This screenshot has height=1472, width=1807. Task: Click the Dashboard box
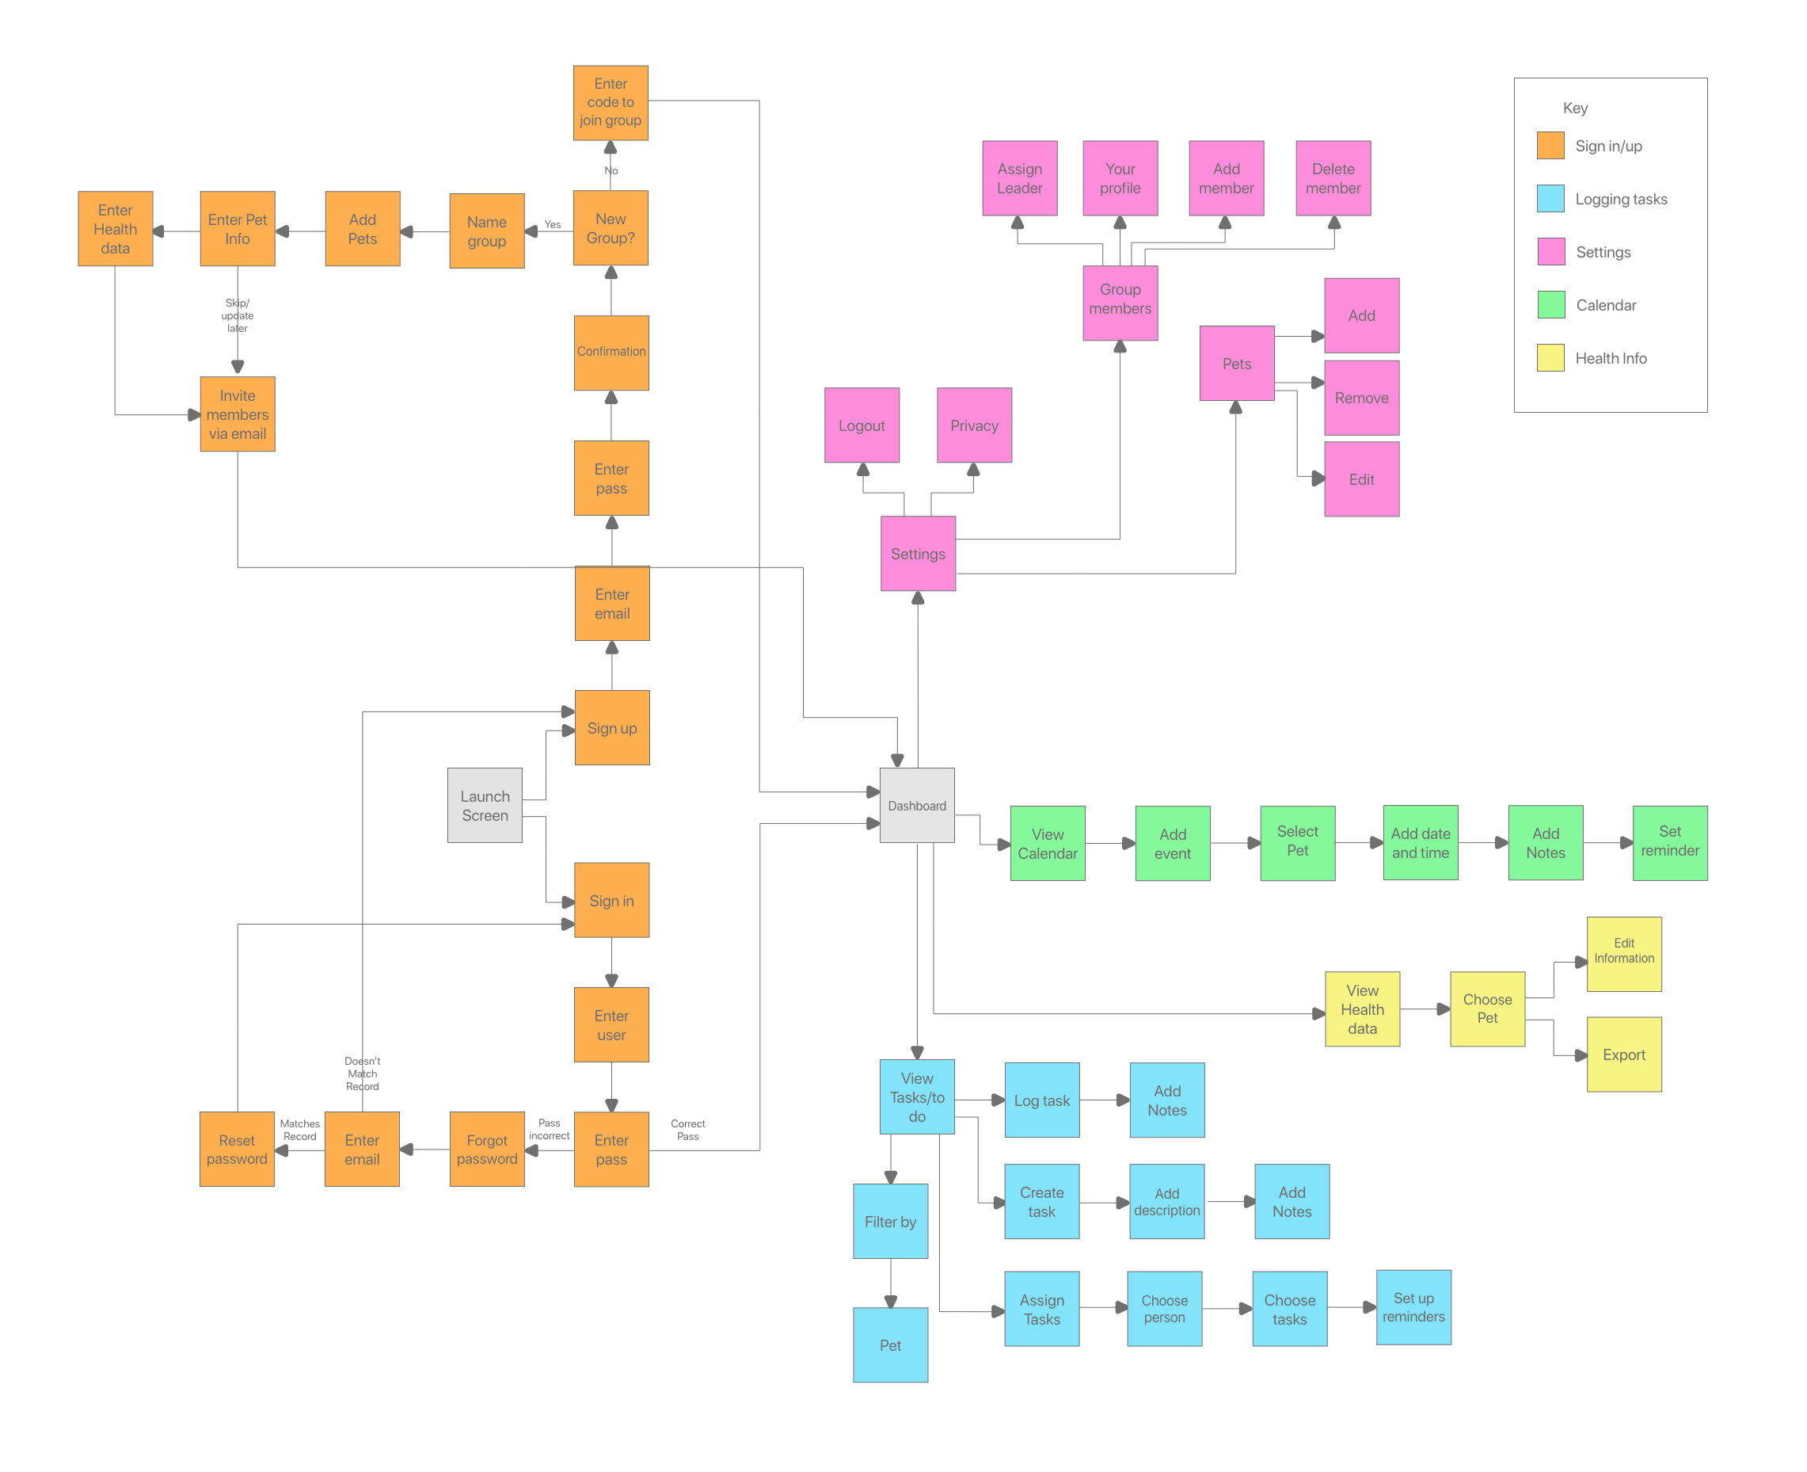(917, 806)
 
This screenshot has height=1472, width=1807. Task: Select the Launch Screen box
(485, 806)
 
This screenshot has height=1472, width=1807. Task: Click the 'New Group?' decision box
(611, 228)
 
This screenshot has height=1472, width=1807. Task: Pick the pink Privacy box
(974, 425)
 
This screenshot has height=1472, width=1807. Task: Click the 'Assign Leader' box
(1020, 178)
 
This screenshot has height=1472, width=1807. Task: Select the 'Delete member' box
(1333, 178)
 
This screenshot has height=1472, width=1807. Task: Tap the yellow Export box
(1624, 1054)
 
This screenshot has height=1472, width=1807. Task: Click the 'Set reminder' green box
(1670, 842)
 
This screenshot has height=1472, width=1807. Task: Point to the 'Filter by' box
(890, 1221)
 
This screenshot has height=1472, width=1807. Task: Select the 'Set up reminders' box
(1413, 1306)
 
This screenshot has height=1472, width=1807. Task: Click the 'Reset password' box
(237, 1149)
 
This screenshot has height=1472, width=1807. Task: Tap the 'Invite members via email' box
(238, 414)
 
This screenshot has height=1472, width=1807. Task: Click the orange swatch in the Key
(1550, 146)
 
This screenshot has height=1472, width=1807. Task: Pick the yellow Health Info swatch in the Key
(1550, 358)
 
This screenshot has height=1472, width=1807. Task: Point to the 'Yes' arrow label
(553, 225)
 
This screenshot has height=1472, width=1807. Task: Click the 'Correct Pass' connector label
(687, 1130)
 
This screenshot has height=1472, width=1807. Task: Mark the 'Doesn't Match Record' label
(362, 1073)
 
